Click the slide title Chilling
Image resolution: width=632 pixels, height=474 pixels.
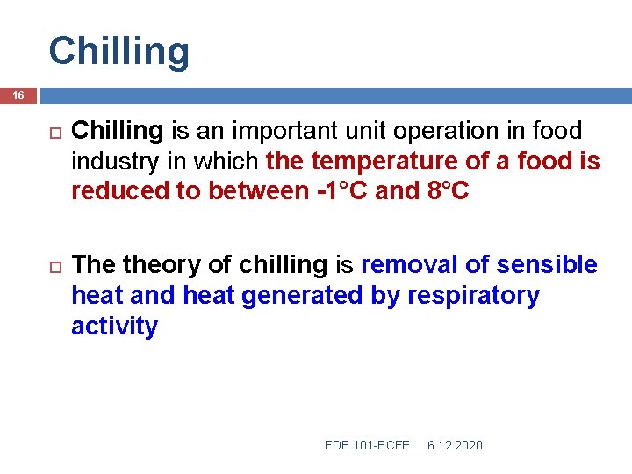[x=118, y=51]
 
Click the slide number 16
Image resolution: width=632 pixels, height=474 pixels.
[x=19, y=95]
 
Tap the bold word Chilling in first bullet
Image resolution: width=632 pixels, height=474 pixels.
[x=118, y=132]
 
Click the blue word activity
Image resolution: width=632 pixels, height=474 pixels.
[x=114, y=327]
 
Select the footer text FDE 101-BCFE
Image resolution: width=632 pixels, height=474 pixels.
[x=367, y=446]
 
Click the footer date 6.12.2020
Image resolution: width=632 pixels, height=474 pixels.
[x=455, y=446]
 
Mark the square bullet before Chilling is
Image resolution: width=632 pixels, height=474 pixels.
[x=53, y=133]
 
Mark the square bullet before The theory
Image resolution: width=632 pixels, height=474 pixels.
[x=53, y=266]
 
